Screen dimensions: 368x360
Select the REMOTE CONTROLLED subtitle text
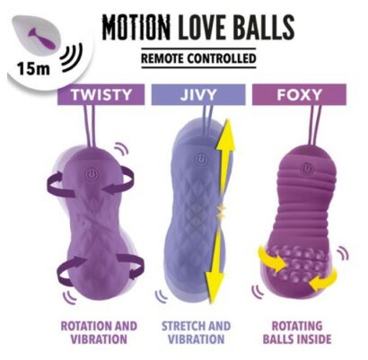click(x=198, y=58)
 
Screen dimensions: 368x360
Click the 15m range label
click(x=33, y=69)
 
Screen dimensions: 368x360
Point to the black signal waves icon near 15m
click(x=72, y=58)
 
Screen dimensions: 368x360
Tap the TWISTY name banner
click(x=101, y=94)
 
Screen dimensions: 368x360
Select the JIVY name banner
click(x=198, y=94)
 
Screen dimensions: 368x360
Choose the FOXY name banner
click(x=299, y=94)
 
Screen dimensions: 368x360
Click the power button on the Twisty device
click(x=91, y=174)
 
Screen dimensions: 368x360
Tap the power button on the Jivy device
click(x=201, y=160)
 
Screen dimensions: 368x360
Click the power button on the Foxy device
click(x=306, y=169)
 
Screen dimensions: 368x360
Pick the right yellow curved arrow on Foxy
click(x=324, y=279)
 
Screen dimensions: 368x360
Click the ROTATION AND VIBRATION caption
click(x=99, y=332)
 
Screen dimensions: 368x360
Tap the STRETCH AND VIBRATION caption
click(x=197, y=332)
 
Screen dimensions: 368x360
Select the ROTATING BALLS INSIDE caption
click(x=297, y=332)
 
